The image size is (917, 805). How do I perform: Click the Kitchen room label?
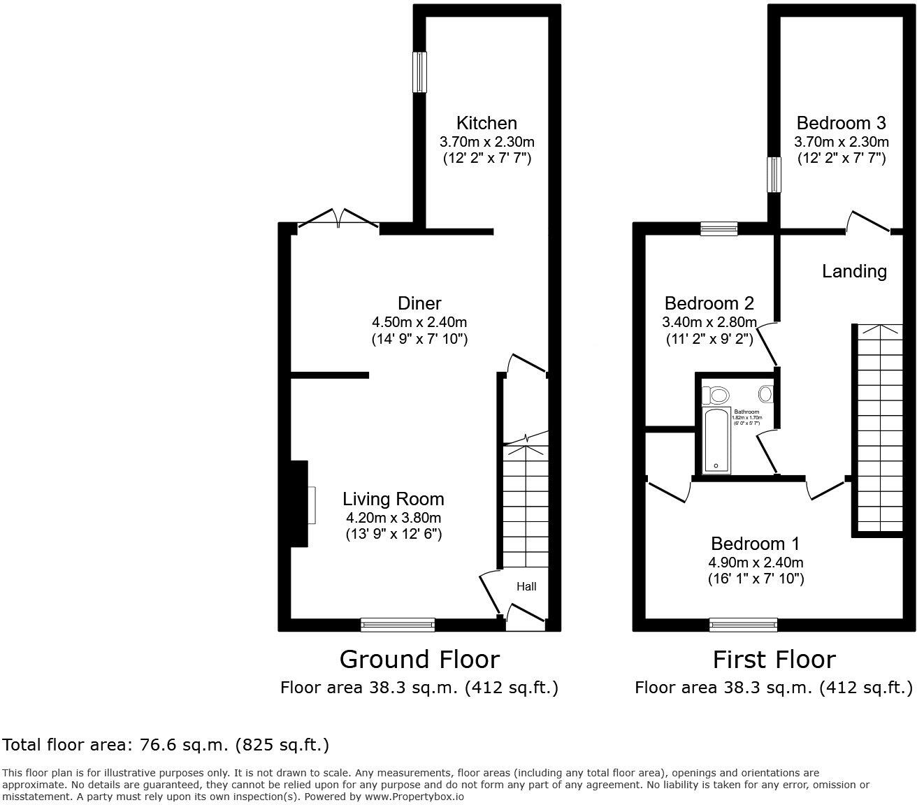coord(486,123)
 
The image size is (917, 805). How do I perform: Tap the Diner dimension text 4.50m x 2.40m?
coord(419,322)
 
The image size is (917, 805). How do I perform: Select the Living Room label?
coord(393,499)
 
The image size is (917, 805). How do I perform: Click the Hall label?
coord(526,586)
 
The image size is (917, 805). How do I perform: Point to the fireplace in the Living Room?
coord(301,504)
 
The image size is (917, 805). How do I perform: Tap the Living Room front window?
coord(398,625)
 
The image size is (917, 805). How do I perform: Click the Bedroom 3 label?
coord(841,123)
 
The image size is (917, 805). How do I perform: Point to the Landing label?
coord(854,271)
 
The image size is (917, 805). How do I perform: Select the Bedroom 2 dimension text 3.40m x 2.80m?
coord(709,322)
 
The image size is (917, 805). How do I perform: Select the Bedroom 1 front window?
coord(743,625)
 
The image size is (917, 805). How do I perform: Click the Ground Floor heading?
coord(419,659)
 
